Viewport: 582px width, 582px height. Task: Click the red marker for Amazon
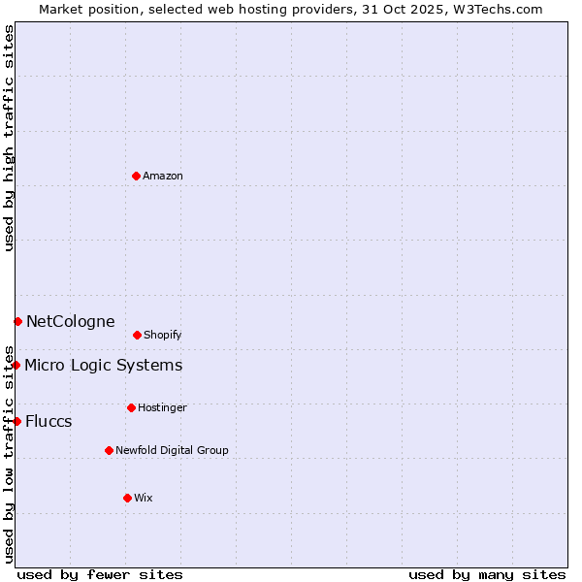pyautogui.click(x=136, y=176)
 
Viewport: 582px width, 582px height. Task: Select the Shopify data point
pyautogui.click(x=137, y=335)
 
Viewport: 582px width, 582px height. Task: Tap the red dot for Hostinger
pyautogui.click(x=131, y=407)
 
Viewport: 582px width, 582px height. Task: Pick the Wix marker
pyautogui.click(x=127, y=498)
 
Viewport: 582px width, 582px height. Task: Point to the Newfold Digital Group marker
pyautogui.click(x=109, y=450)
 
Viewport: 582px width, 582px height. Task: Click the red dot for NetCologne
pyautogui.click(x=17, y=321)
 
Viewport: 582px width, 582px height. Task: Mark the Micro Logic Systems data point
pyautogui.click(x=16, y=365)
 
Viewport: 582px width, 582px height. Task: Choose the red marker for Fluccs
pyautogui.click(x=17, y=421)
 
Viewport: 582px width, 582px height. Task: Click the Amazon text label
pyautogui.click(x=163, y=177)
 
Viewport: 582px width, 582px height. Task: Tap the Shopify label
pyautogui.click(x=163, y=336)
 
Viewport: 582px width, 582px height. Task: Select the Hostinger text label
pyautogui.click(x=162, y=408)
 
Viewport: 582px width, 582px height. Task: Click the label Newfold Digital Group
pyautogui.click(x=172, y=451)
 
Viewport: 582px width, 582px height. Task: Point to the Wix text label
pyautogui.click(x=144, y=499)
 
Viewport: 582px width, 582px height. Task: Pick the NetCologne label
pyautogui.click(x=71, y=322)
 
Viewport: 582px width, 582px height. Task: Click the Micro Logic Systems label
pyautogui.click(x=103, y=366)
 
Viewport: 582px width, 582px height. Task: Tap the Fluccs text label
pyautogui.click(x=48, y=422)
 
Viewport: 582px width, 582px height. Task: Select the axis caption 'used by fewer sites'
pyautogui.click(x=100, y=574)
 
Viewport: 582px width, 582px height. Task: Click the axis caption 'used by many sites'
pyautogui.click(x=487, y=574)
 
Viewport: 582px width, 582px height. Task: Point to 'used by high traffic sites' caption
pyautogui.click(x=9, y=139)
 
